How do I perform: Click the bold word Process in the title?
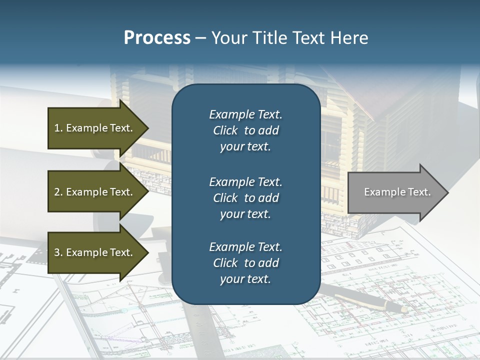(157, 38)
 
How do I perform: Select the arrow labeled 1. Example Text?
(95, 128)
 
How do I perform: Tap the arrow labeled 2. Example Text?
(95, 192)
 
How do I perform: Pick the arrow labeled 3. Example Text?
(95, 252)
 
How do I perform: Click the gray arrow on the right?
(395, 192)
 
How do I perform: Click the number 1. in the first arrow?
(58, 128)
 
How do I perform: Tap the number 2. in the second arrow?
(58, 192)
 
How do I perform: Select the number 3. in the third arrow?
(58, 252)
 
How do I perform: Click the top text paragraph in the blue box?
(245, 130)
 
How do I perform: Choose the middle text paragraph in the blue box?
(245, 197)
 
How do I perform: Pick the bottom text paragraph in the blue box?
(245, 263)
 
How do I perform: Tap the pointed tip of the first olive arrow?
(147, 128)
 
